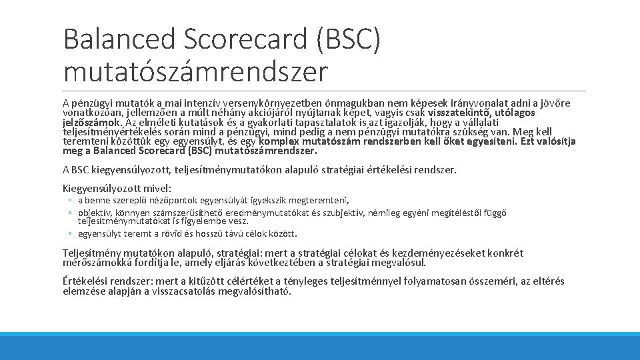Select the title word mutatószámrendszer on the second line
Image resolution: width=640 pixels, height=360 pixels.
(196, 71)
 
